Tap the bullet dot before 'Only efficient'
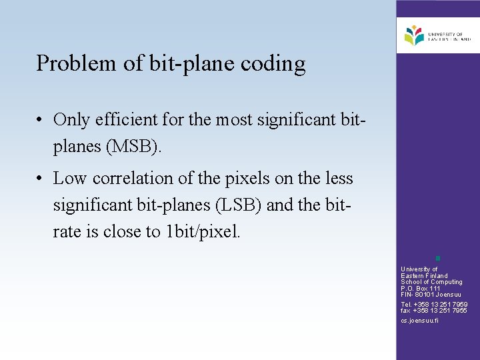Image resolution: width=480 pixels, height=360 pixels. pyautogui.click(x=41, y=120)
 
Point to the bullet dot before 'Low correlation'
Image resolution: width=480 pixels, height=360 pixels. pyautogui.click(x=41, y=179)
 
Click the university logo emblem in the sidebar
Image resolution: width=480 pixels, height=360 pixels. pyautogui.click(x=414, y=35)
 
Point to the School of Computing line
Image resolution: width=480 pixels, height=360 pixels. pyautogui.click(x=431, y=282)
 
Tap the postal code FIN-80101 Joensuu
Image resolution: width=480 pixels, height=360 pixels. pyautogui.click(x=431, y=295)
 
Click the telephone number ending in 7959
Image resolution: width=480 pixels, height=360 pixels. pyautogui.click(x=434, y=305)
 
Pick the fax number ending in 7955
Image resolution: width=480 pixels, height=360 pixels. pyautogui.click(x=434, y=311)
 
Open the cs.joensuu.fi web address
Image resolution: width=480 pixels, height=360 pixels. pyautogui.click(x=419, y=321)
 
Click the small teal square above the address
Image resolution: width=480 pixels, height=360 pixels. pyautogui.click(x=437, y=258)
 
